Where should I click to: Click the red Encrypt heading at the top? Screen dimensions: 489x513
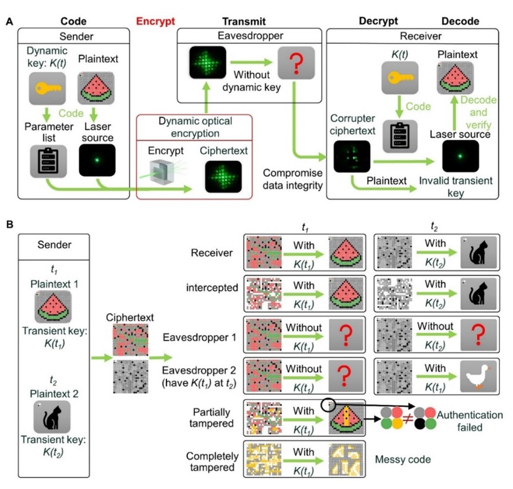pos(156,21)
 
